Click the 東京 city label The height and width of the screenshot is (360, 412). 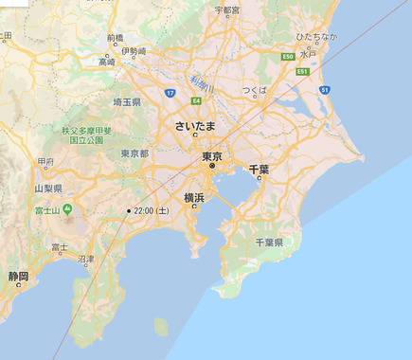pyautogui.click(x=211, y=155)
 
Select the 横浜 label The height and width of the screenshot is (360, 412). pyautogui.click(x=194, y=198)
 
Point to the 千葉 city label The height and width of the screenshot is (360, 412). pyautogui.click(x=259, y=169)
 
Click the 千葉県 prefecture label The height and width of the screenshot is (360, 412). pyautogui.click(x=269, y=243)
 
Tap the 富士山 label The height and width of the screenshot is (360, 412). pyautogui.click(x=46, y=209)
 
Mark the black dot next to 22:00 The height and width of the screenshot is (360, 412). pyautogui.click(x=129, y=210)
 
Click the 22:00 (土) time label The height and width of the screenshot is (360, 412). pyautogui.click(x=152, y=210)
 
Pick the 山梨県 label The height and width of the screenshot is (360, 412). pyautogui.click(x=45, y=189)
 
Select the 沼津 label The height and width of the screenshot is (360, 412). pyautogui.click(x=86, y=258)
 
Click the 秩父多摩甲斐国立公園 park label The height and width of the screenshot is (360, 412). pyautogui.click(x=87, y=135)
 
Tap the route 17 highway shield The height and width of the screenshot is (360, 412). pyautogui.click(x=169, y=92)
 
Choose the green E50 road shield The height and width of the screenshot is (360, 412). pyautogui.click(x=287, y=57)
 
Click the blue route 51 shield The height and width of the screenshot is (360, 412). pyautogui.click(x=324, y=89)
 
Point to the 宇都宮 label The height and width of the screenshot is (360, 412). pyautogui.click(x=226, y=10)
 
